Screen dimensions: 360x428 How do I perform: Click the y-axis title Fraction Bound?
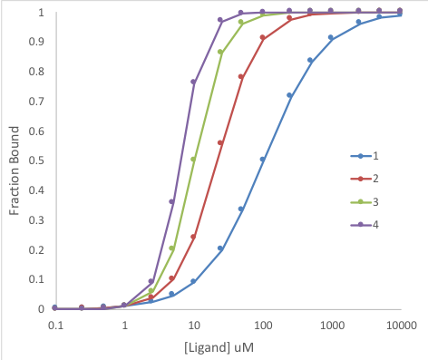(15, 162)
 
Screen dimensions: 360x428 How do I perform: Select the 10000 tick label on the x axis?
(400, 323)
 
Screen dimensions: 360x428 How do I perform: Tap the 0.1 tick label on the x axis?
(55, 323)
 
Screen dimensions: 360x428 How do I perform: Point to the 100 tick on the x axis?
(263, 323)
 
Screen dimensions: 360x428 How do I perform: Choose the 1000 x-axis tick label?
(331, 323)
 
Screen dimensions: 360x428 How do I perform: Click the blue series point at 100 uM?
(263, 160)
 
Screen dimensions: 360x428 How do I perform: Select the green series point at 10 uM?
(193, 160)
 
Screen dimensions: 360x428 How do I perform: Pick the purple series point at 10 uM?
(193, 82)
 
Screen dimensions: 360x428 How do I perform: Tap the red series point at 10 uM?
(193, 237)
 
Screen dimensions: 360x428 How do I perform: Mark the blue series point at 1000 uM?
(331, 38)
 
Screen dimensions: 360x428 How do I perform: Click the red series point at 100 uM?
(263, 38)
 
